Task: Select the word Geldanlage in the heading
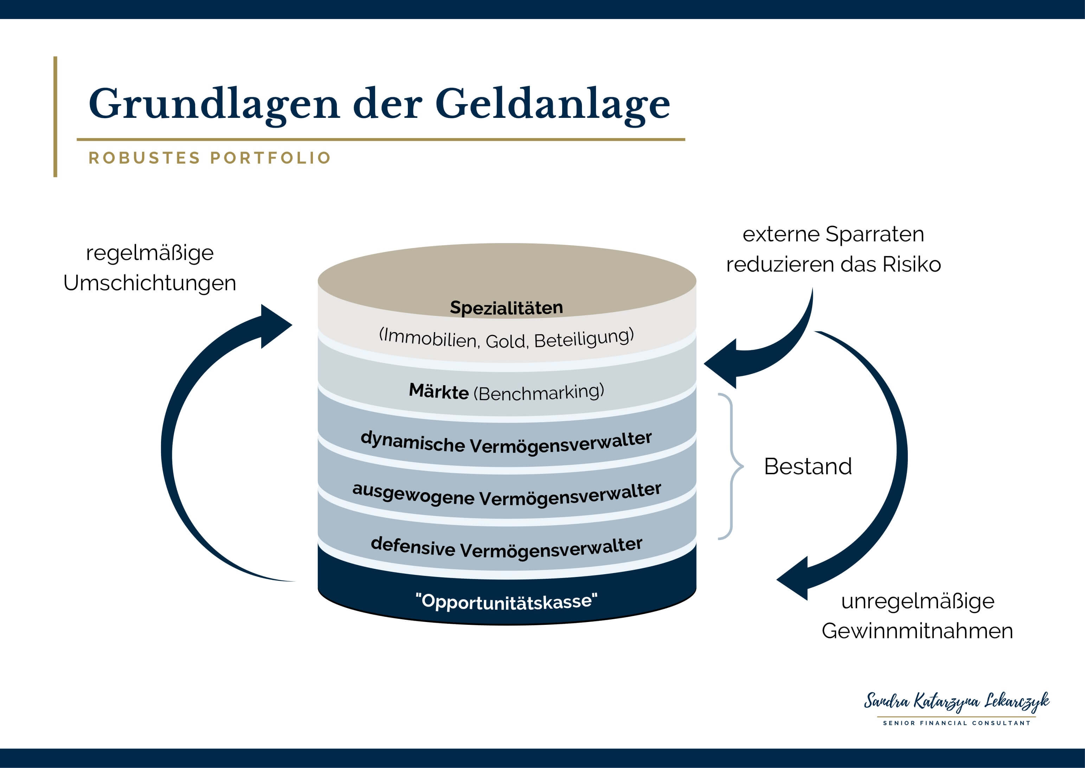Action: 552,104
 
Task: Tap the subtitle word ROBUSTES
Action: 144,158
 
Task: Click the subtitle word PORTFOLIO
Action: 270,158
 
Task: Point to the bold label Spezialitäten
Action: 506,308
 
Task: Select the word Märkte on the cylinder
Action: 438,392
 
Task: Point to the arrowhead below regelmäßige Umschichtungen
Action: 274,326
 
